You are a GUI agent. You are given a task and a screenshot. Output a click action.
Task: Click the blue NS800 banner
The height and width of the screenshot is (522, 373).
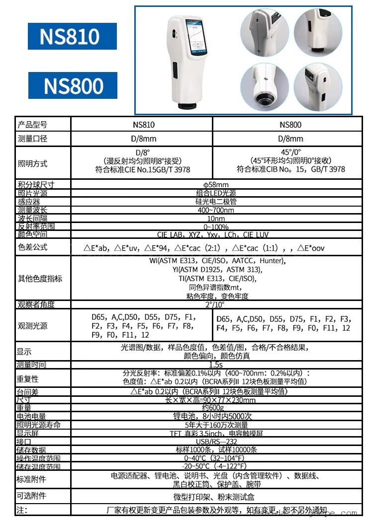coord(73,85)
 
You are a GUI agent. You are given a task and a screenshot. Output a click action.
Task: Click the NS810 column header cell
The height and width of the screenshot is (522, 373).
coord(141,124)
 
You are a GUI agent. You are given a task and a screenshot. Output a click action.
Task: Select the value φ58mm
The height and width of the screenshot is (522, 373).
coord(216,185)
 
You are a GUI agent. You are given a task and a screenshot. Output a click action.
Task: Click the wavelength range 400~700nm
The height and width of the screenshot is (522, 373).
coord(216,210)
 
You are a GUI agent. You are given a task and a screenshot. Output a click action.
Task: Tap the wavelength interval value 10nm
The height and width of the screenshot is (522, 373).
coord(216,219)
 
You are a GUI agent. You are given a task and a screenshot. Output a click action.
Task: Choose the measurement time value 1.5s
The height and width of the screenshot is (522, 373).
coord(216,365)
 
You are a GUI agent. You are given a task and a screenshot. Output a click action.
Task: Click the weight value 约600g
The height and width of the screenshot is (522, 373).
coord(216,408)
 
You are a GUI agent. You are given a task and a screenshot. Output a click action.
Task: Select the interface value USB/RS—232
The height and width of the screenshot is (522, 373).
coord(216,441)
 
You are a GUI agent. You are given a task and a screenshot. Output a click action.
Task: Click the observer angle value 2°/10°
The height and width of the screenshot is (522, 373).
coord(216,304)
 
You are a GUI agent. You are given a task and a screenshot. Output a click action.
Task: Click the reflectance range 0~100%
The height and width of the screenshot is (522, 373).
coord(216,226)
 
